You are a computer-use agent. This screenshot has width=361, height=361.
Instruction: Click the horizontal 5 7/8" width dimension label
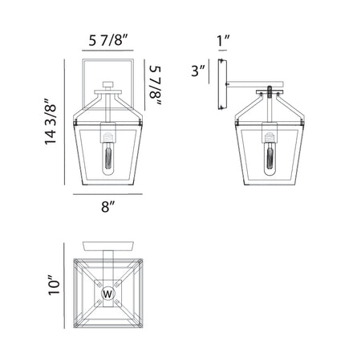pyautogui.click(x=108, y=40)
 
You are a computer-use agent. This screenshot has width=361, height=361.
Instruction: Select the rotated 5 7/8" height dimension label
pyautogui.click(x=156, y=85)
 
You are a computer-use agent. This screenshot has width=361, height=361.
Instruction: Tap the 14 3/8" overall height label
pyautogui.click(x=51, y=121)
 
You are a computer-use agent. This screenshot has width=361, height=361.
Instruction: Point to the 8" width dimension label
pyautogui.click(x=107, y=206)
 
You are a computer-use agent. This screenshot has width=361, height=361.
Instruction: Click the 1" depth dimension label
pyautogui.click(x=223, y=40)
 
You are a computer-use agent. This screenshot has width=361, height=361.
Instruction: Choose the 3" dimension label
pyautogui.click(x=198, y=71)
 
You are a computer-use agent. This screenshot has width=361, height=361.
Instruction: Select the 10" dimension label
pyautogui.click(x=54, y=285)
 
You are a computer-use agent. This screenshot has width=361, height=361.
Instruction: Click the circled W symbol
pyautogui.click(x=107, y=294)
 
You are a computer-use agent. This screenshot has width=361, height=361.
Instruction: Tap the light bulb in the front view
pyautogui.click(x=108, y=154)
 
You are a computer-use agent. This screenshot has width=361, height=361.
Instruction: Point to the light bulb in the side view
pyautogui.click(x=270, y=154)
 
